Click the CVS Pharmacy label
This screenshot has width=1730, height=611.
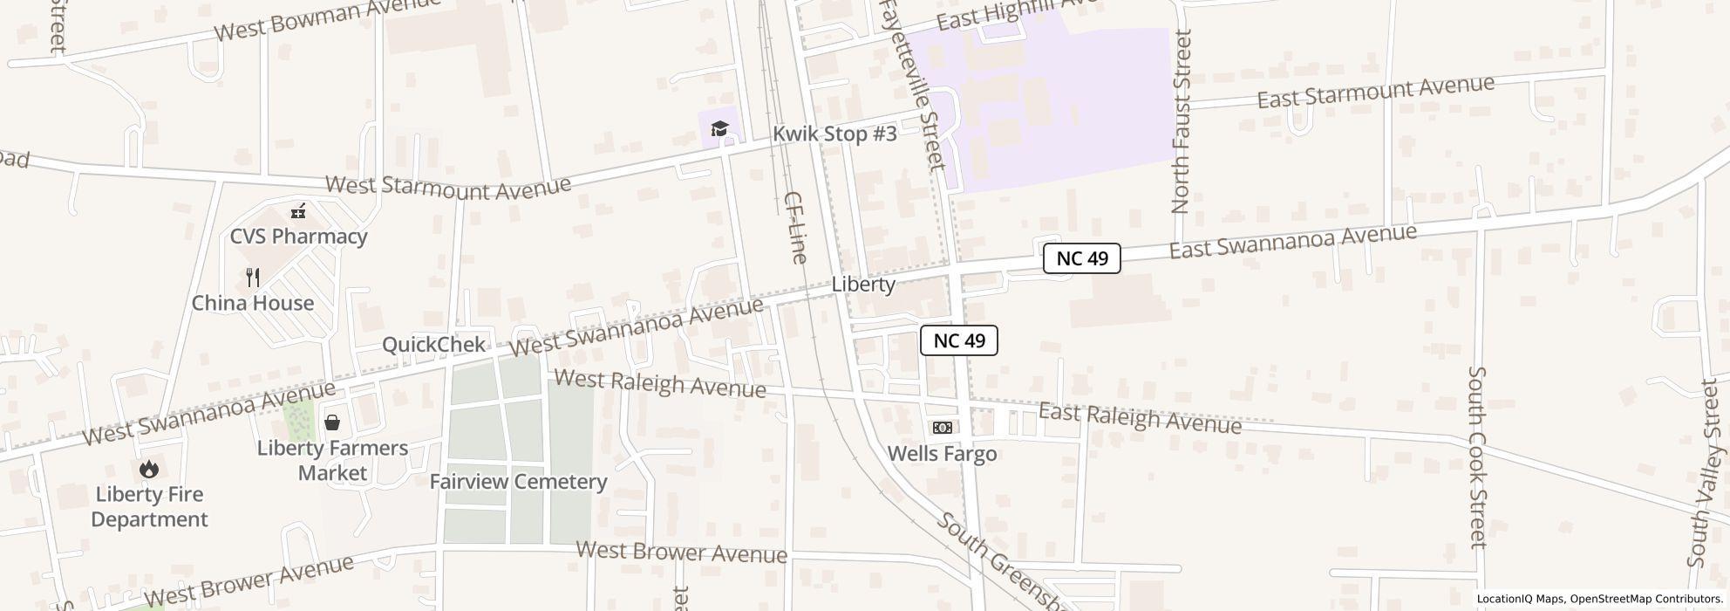[298, 237]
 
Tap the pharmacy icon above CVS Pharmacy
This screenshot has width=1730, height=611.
[298, 211]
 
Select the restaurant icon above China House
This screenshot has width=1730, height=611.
[253, 278]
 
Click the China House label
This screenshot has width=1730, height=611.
[253, 303]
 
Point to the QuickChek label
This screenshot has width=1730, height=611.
[433, 344]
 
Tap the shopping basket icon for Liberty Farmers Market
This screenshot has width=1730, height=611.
[332, 423]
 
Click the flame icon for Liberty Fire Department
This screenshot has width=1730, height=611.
[149, 470]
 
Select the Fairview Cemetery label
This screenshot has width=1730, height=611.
[518, 482]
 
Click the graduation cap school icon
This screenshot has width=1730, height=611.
[719, 129]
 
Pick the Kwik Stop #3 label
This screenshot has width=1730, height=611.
[834, 134]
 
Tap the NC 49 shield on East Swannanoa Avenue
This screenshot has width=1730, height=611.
[1081, 258]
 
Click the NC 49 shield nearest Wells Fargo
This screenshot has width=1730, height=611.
[958, 340]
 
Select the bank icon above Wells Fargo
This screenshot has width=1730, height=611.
[942, 428]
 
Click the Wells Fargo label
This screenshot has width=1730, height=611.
[942, 454]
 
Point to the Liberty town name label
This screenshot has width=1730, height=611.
[863, 285]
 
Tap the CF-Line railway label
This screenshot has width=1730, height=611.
[794, 227]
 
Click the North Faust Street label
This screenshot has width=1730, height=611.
[1182, 122]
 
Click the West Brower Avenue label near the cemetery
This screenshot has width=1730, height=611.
[681, 553]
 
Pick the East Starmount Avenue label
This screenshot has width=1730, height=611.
[1375, 92]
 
